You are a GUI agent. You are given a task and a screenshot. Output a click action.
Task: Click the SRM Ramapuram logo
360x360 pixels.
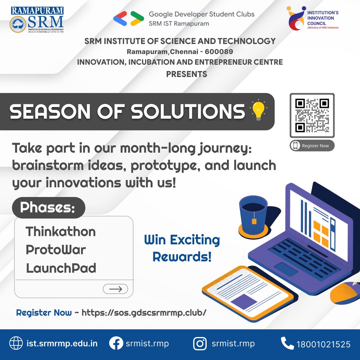37,19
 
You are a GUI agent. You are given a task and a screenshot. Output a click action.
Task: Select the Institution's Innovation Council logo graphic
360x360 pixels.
296,19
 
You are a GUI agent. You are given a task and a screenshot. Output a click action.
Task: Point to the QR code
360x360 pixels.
312,115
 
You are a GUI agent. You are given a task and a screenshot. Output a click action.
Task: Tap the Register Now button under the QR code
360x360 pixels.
312,146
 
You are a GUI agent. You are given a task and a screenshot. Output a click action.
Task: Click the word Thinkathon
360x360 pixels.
61,231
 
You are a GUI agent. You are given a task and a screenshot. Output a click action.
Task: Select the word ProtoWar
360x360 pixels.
56,250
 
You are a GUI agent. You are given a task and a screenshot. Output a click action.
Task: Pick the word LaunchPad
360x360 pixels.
61,268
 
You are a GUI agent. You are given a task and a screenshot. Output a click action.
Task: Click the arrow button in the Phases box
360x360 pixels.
115,289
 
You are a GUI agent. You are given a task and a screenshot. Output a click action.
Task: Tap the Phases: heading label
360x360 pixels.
48,208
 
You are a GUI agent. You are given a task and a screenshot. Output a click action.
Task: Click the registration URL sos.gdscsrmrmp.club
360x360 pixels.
144,313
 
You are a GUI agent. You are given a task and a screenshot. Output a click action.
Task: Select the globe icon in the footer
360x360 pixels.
16,344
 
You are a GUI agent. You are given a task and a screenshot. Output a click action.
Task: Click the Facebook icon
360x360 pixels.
116,344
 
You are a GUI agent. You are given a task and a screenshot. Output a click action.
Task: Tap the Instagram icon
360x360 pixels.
200,344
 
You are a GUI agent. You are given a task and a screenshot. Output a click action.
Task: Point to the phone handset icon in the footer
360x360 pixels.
287,343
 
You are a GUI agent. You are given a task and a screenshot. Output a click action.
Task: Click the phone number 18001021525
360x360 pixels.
323,344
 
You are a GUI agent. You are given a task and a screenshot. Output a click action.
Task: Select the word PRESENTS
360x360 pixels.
187,74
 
